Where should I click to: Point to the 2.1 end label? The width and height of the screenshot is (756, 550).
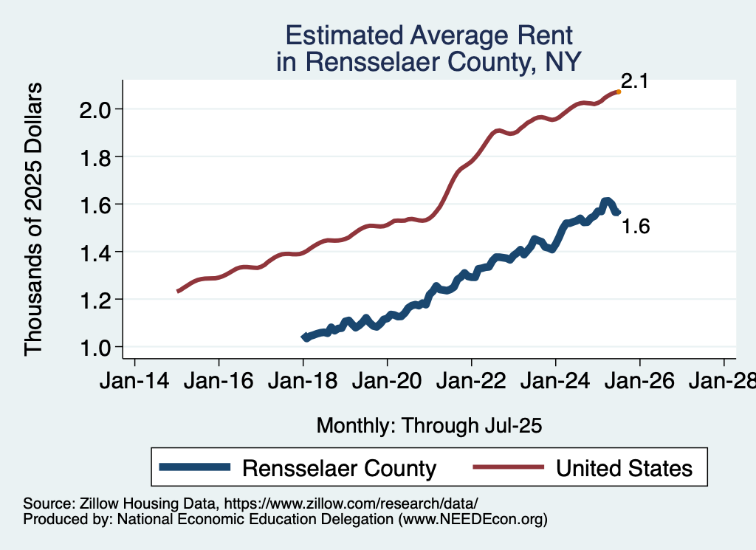tap(634, 81)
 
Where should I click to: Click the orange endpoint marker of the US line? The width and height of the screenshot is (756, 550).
tap(618, 92)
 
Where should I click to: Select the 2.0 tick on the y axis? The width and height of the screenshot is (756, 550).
tap(95, 109)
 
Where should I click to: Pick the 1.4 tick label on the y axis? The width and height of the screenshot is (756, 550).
tap(95, 252)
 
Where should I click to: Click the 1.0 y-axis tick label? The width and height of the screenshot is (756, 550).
tap(95, 347)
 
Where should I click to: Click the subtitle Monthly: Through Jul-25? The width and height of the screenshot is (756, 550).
tap(429, 425)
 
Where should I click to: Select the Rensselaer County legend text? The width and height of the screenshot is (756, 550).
tap(340, 468)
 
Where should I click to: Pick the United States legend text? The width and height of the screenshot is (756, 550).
tap(624, 468)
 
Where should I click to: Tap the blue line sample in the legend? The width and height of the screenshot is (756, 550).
tap(196, 467)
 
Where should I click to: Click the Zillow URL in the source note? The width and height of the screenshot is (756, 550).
tap(351, 503)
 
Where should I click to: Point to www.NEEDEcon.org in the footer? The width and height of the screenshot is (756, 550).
tap(472, 520)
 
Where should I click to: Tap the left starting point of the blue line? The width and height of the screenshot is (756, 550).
tap(305, 337)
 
